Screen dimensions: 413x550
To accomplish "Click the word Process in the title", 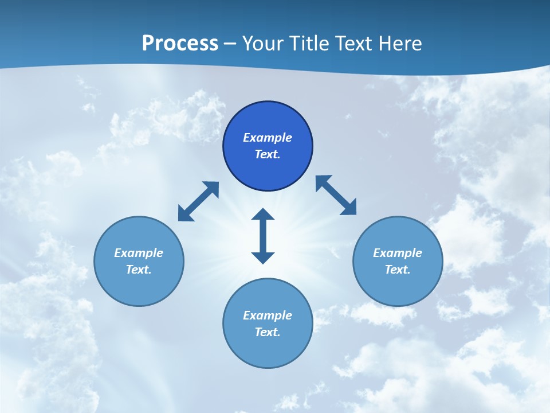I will (x=180, y=44).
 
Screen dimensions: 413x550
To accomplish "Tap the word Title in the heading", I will (x=313, y=44).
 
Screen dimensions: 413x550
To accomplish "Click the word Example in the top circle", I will (x=268, y=138).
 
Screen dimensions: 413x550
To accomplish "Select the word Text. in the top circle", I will (x=268, y=154).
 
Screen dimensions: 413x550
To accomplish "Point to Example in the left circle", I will (x=139, y=253).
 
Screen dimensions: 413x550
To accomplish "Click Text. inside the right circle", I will (x=398, y=270).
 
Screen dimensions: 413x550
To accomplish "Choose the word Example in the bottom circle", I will (x=268, y=315).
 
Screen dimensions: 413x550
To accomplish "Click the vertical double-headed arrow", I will (x=263, y=236).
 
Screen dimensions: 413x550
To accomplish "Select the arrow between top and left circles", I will (x=198, y=201).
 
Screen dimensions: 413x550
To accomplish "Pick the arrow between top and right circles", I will (x=336, y=196).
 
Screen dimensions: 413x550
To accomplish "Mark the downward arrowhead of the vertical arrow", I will (x=263, y=257).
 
